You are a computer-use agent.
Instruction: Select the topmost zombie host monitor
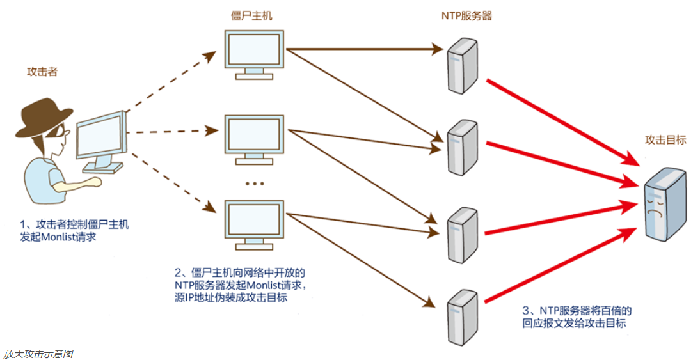254,52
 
